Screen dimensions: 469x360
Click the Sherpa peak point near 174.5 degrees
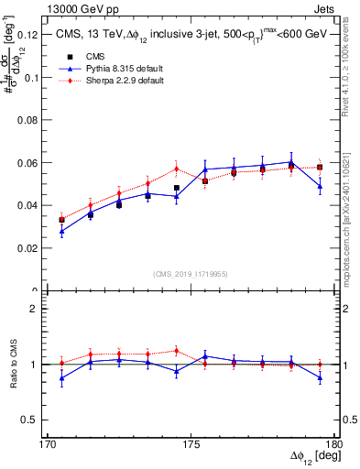tap(177, 169)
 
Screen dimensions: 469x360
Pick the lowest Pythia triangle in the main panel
tap(61, 232)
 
